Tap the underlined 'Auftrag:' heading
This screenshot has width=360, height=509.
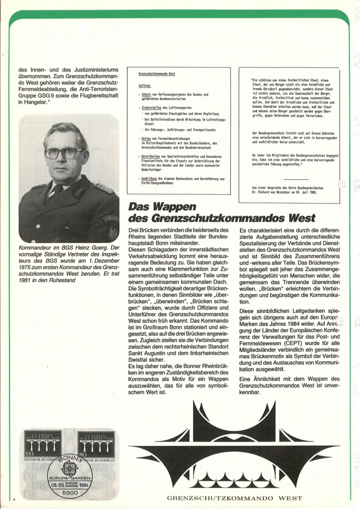tap(144, 86)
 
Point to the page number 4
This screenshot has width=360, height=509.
tap(14, 499)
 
